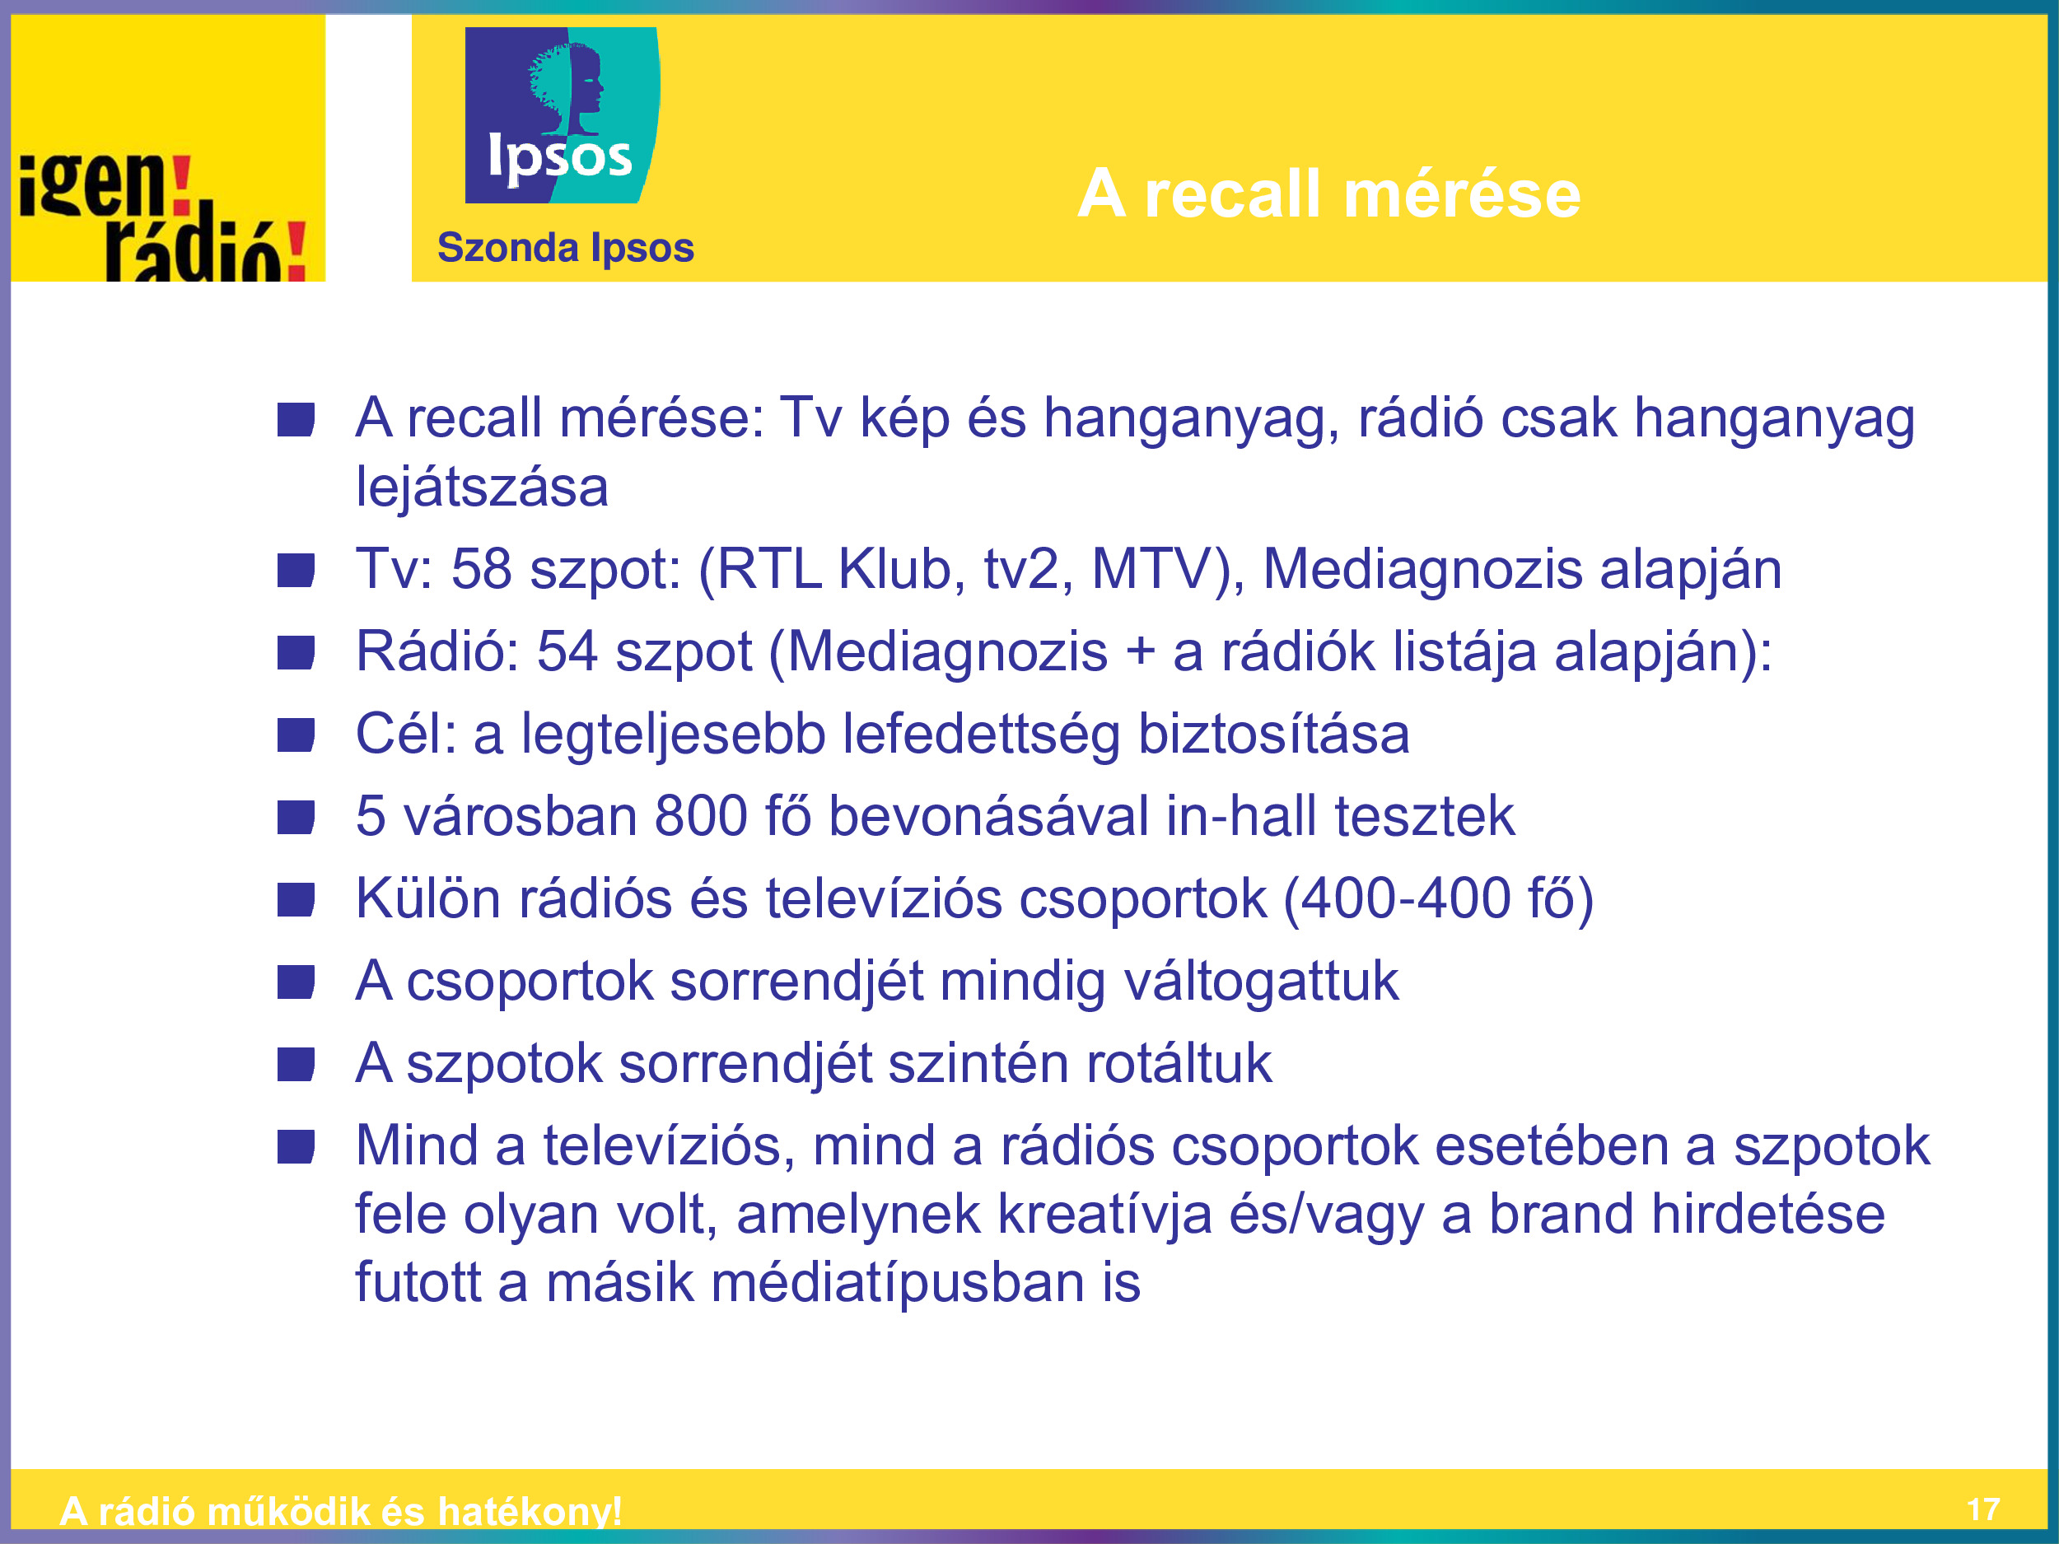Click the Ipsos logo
point(563,115)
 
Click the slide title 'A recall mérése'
point(1328,194)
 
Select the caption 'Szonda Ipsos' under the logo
point(566,249)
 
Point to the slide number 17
point(1983,1509)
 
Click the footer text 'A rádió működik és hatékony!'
point(341,1510)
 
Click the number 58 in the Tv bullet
point(481,569)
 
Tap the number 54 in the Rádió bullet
point(567,651)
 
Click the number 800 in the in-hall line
point(701,816)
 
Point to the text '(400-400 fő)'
point(1438,899)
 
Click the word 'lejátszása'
point(482,487)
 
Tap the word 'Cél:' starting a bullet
point(407,734)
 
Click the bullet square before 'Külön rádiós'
point(296,900)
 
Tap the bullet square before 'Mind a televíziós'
point(296,1146)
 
